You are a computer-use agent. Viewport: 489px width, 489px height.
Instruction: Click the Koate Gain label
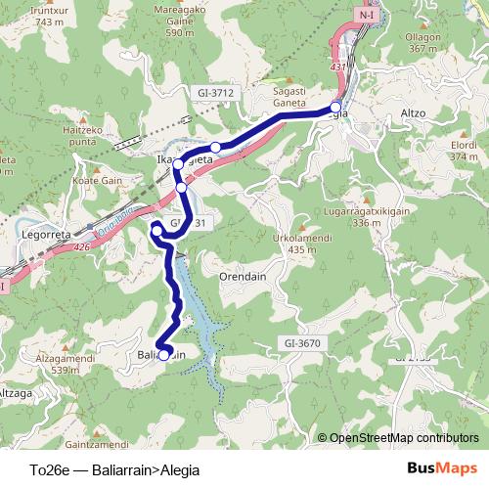pyautogui.click(x=97, y=181)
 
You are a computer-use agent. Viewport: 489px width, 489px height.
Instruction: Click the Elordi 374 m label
pyautogui.click(x=463, y=149)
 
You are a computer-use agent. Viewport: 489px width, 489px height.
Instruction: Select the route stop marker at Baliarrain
pyautogui.click(x=164, y=354)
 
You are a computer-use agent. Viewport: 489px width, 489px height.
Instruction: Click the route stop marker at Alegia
pyautogui.click(x=336, y=107)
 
